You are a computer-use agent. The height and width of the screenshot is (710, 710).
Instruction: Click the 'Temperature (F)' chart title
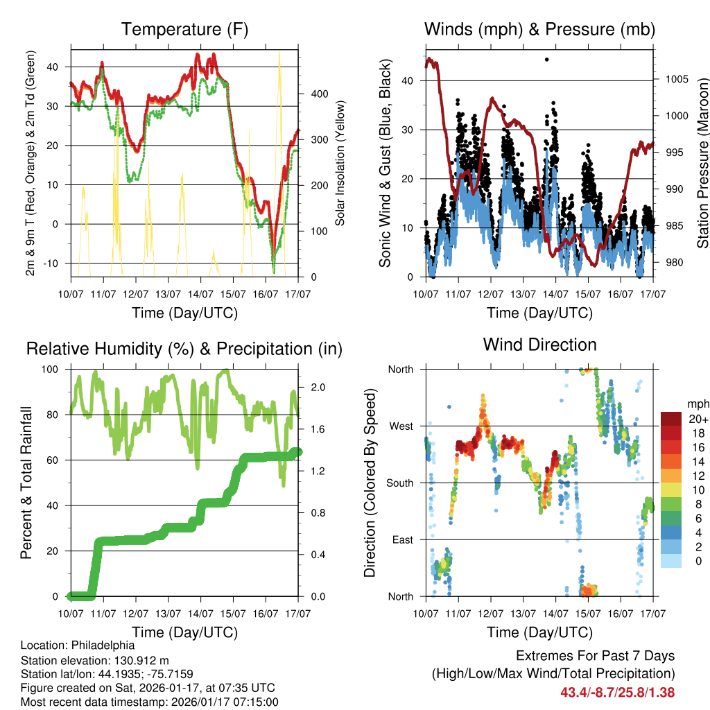pyautogui.click(x=184, y=29)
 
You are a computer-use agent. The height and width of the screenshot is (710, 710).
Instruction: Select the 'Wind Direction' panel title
pyautogui.click(x=539, y=345)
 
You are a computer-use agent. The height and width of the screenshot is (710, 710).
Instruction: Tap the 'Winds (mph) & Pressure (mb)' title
pyautogui.click(x=539, y=29)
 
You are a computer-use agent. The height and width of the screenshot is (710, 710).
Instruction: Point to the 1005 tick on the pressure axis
pyautogui.click(x=677, y=79)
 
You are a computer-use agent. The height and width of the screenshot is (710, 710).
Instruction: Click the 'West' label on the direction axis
pyautogui.click(x=401, y=426)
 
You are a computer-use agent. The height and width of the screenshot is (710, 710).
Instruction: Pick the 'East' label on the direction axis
pyautogui.click(x=402, y=539)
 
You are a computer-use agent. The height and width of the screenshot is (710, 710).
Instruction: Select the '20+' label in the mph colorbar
pyautogui.click(x=698, y=419)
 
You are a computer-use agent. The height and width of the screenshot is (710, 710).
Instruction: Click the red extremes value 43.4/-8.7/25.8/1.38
pyautogui.click(x=617, y=692)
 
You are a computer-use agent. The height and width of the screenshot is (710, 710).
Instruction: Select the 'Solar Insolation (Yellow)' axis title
pyautogui.click(x=340, y=163)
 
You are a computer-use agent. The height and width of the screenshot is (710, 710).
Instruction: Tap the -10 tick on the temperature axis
pyautogui.click(x=55, y=263)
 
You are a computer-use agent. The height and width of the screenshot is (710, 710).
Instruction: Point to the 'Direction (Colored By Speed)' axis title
pyautogui.click(x=370, y=482)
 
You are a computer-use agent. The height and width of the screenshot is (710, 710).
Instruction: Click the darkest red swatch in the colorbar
pyautogui.click(x=670, y=419)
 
